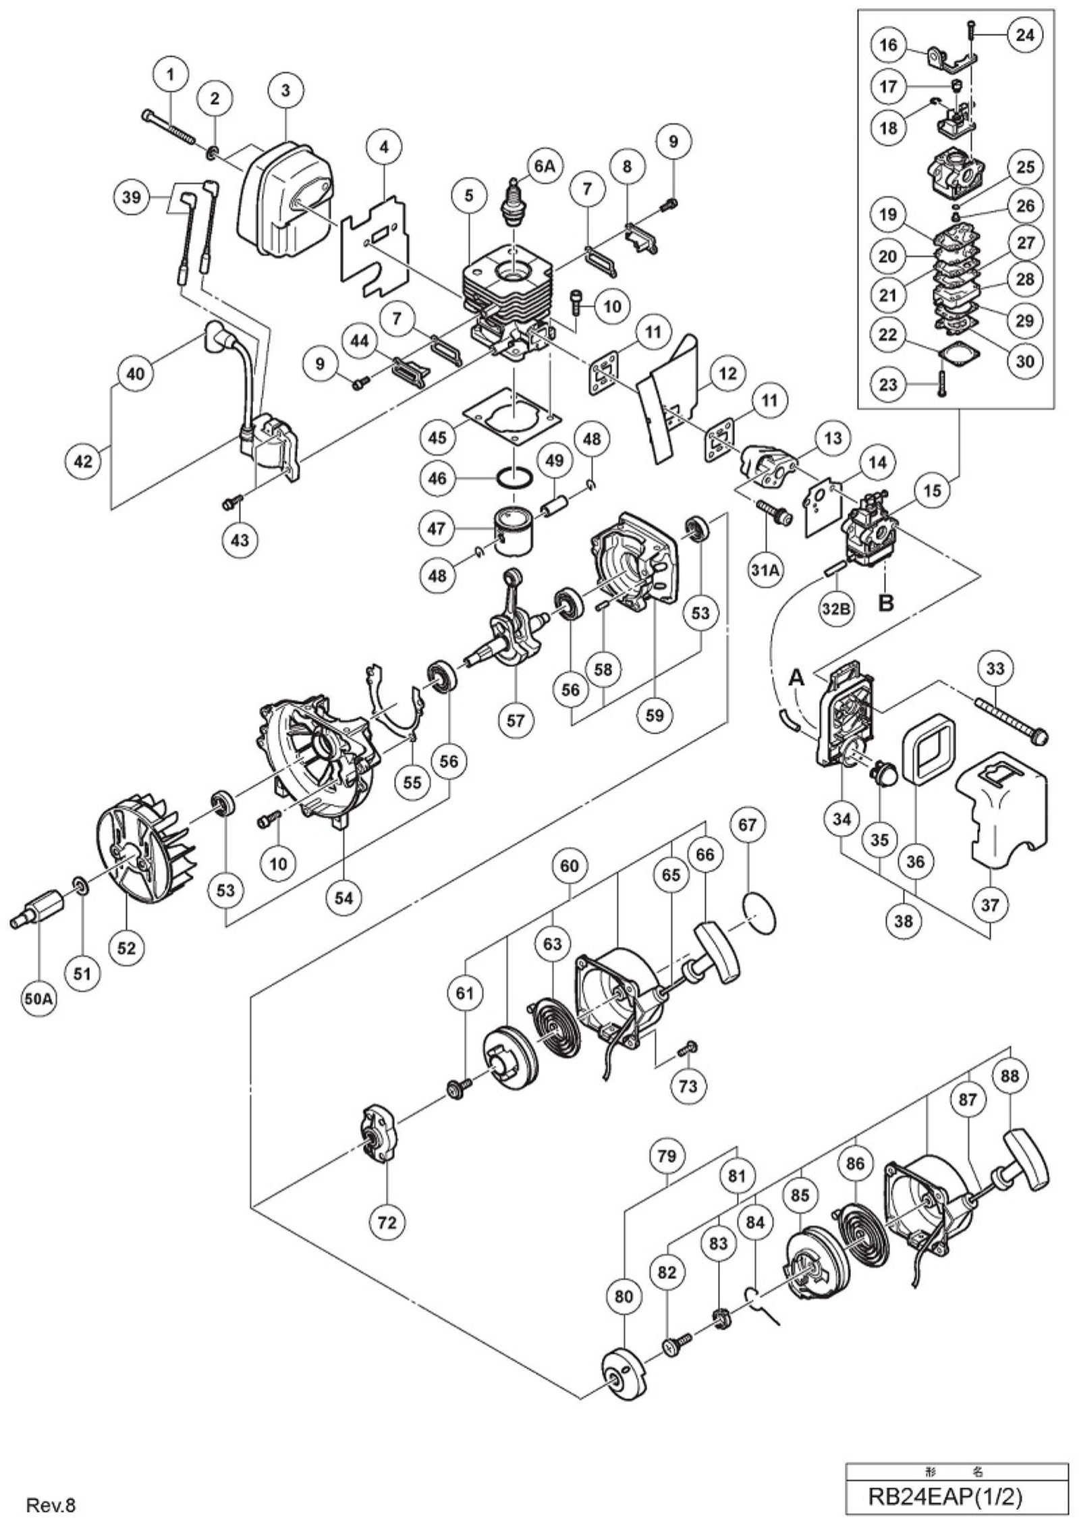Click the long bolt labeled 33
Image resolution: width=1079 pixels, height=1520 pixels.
(x=1009, y=721)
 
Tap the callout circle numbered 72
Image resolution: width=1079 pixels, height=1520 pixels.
(x=387, y=1221)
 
